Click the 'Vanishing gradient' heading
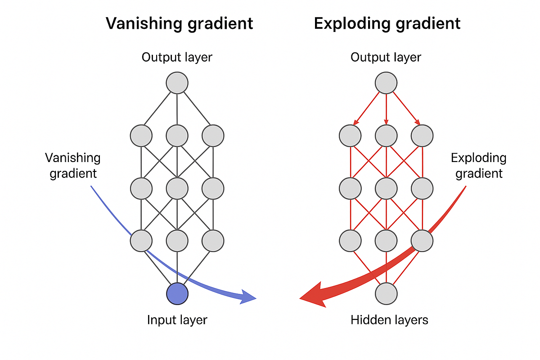pyautogui.click(x=180, y=23)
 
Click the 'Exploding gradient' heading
pyautogui.click(x=387, y=23)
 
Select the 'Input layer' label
pyautogui.click(x=177, y=320)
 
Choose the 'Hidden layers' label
pyautogui.click(x=389, y=320)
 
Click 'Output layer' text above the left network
pyautogui.click(x=177, y=58)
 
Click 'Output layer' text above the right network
pyautogui.click(x=386, y=58)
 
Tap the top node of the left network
pyautogui.click(x=177, y=83)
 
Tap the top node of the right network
pyautogui.click(x=386, y=83)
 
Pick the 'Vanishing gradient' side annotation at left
pyautogui.click(x=73, y=166)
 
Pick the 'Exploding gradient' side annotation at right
pyautogui.click(x=478, y=166)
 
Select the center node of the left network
pyautogui.click(x=177, y=188)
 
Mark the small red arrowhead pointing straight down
pyautogui.click(x=386, y=121)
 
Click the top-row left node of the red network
pyautogui.click(x=351, y=135)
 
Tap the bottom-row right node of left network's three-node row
pyautogui.click(x=213, y=241)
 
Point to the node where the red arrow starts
pyautogui.click(x=422, y=241)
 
